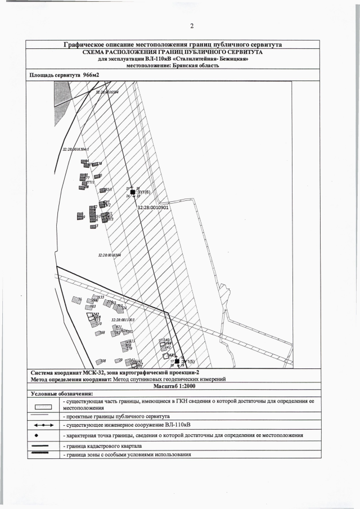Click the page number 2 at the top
click(x=191, y=26)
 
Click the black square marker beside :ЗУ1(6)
click(x=132, y=192)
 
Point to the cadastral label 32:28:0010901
click(x=154, y=207)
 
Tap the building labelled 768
click(x=102, y=333)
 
